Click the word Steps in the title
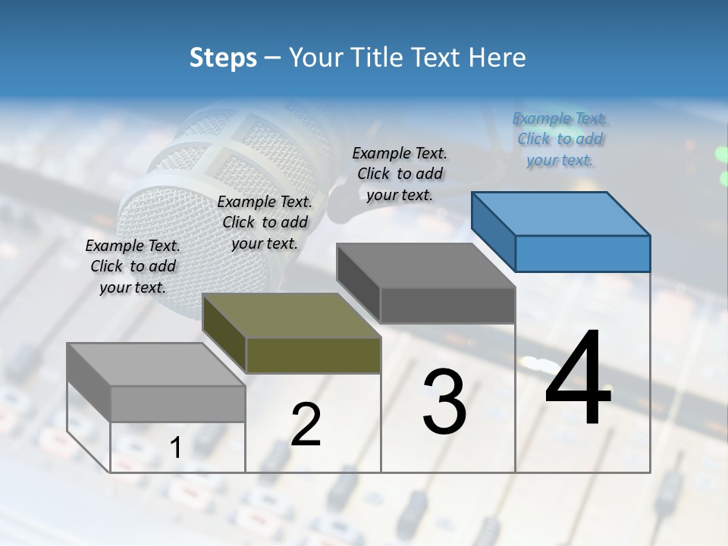point(223,58)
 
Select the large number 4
point(578,379)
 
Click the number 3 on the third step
point(444,402)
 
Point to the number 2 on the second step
point(306,425)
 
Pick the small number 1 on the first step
point(175,448)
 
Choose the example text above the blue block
point(560,140)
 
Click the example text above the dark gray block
point(400,174)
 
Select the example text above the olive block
point(265,222)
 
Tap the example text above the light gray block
point(133,266)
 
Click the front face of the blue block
point(582,253)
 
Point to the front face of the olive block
point(313,356)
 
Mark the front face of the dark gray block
point(447,305)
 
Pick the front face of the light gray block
point(177,403)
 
